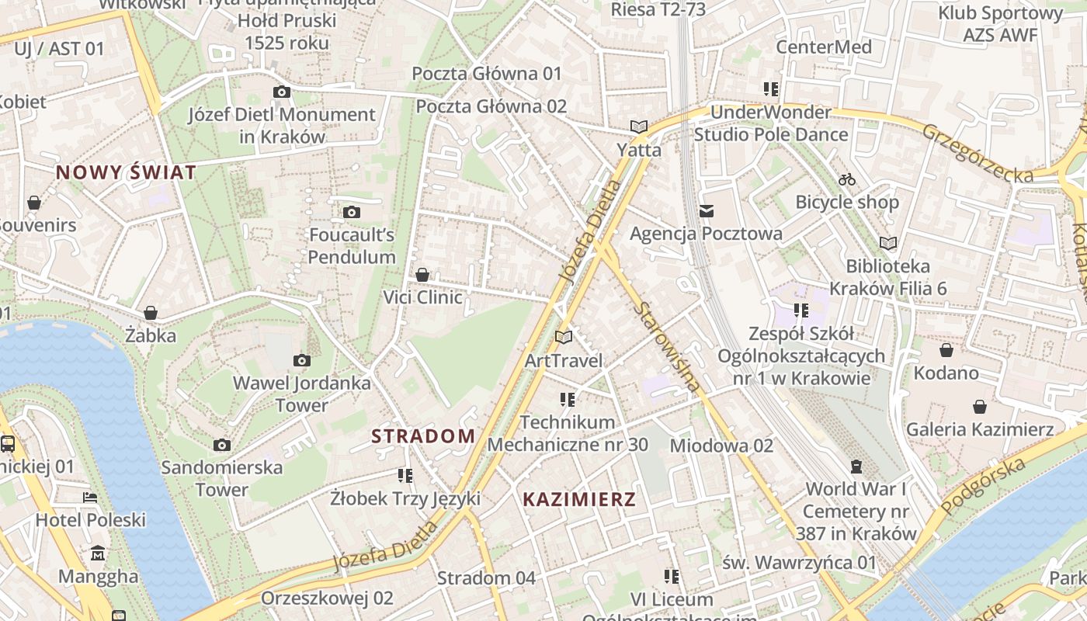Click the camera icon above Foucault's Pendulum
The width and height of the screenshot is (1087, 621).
[352, 212]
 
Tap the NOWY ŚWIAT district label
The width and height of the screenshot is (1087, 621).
[126, 172]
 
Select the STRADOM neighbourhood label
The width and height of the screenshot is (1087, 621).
[423, 436]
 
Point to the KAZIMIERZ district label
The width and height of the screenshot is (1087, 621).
[579, 499]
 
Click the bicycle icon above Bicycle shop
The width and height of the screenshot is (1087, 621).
[847, 179]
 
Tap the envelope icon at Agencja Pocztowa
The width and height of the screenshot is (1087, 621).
[706, 210]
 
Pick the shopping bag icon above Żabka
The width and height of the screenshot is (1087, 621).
[151, 313]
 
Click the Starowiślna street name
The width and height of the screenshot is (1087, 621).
[666, 345]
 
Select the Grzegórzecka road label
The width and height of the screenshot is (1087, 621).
[978, 153]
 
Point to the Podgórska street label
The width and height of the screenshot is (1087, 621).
[983, 486]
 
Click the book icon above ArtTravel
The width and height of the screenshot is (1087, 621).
[564, 338]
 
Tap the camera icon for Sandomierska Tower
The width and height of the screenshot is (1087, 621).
[222, 445]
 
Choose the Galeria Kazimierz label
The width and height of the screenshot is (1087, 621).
[980, 429]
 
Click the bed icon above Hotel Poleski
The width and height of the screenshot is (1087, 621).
[91, 498]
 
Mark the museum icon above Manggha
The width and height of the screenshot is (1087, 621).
[99, 553]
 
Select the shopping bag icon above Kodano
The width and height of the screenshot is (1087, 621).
[946, 350]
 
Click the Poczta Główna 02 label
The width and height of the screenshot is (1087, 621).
[491, 106]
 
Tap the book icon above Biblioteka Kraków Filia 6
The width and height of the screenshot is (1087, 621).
[888, 244]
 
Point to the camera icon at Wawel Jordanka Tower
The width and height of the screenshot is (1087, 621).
[302, 360]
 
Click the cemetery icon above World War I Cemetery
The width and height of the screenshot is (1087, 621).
[856, 467]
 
